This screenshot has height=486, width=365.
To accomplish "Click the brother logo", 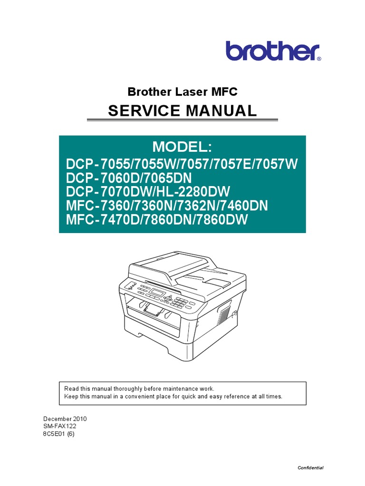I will coord(273,51).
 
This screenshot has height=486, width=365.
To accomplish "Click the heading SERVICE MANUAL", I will coord(182,111).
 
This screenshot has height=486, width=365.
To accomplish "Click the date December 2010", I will coord(65,419).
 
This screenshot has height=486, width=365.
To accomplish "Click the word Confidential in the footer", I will coord(310,468).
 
